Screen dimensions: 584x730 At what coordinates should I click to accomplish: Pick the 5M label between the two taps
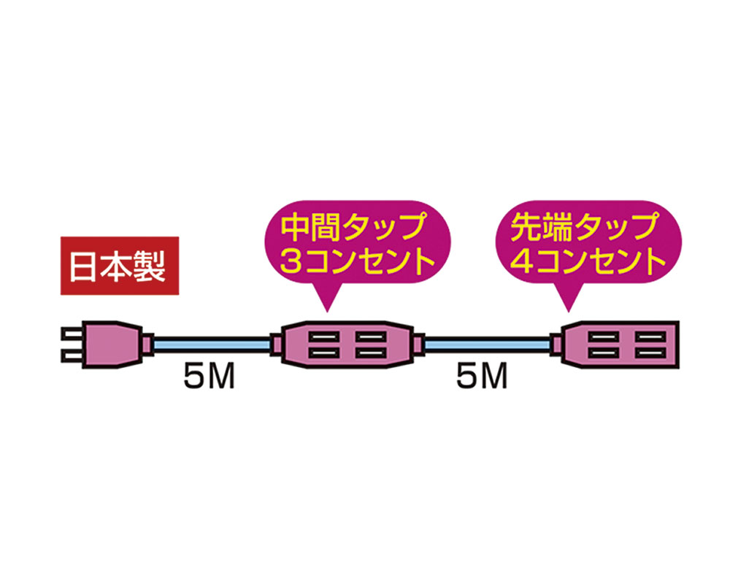click(x=481, y=379)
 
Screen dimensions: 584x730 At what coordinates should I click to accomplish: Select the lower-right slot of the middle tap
click(x=371, y=353)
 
